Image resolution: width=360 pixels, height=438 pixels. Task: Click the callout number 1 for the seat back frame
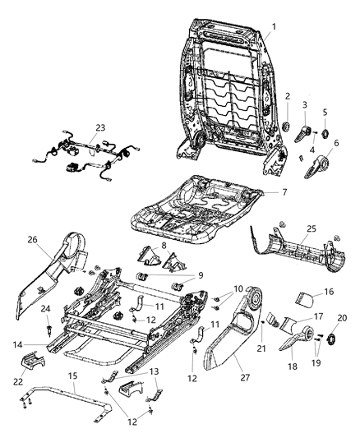pyautogui.click(x=275, y=26)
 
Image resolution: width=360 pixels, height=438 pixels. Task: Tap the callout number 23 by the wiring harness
pyautogui.click(x=100, y=127)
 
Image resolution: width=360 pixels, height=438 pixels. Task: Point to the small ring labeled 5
pyautogui.click(x=323, y=134)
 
